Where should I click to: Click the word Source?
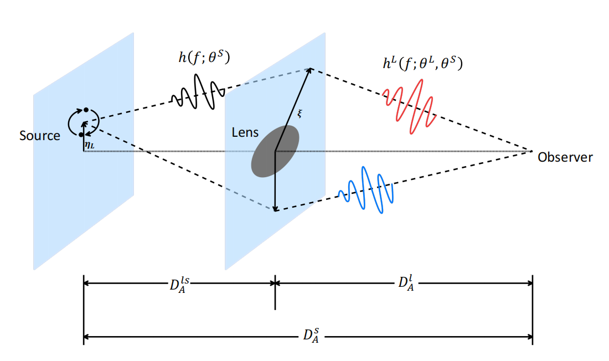pos(40,136)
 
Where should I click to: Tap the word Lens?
pos(245,132)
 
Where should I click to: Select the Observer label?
pos(565,157)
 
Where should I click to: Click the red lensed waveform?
pos(410,106)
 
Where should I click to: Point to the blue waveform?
pos(366,190)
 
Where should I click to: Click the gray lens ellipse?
pos(275,151)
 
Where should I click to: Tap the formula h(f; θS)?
pos(204,58)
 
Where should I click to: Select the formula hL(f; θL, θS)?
pos(422,63)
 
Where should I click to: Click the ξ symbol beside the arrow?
pos(300,114)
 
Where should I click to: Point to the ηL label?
pos(89,145)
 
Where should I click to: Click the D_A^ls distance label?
pos(179,285)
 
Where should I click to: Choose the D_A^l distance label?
pos(406,283)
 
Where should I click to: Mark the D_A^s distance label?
pos(311,336)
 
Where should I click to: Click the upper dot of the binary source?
pos(86,110)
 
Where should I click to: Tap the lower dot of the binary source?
pos(81,135)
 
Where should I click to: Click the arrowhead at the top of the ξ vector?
pos(309,70)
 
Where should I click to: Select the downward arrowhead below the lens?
pos(275,209)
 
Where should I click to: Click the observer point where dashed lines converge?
pos(531,151)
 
